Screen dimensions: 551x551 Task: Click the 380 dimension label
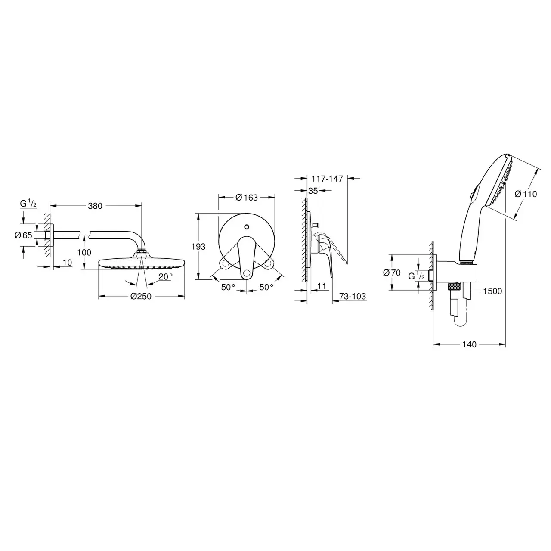(x=95, y=206)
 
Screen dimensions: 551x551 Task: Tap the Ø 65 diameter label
(x=23, y=235)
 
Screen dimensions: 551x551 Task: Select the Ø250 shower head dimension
(x=141, y=296)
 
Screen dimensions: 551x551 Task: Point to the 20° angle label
(x=166, y=276)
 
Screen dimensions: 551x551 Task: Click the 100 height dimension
(x=84, y=252)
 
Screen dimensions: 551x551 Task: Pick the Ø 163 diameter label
(x=247, y=197)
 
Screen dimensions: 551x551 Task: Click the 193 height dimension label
(x=198, y=246)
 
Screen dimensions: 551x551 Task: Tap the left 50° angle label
(x=228, y=287)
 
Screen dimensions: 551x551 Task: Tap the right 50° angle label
(x=266, y=287)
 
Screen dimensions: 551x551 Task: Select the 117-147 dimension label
(x=327, y=179)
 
